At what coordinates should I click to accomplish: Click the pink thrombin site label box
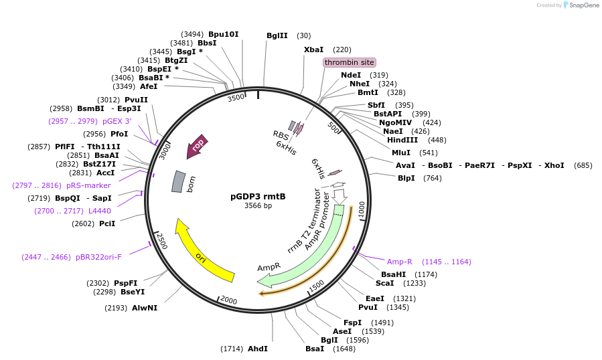(349, 62)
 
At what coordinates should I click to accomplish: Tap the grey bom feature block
(178, 181)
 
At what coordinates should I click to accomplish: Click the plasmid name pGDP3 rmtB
(258, 197)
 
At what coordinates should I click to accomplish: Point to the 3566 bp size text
(258, 206)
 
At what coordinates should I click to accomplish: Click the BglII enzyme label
(277, 35)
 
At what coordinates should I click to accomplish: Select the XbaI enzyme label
(313, 50)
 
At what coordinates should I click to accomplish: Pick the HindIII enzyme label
(402, 140)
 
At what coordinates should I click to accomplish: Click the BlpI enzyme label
(406, 178)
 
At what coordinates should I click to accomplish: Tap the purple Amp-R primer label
(400, 262)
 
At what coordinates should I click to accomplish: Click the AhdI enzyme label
(258, 349)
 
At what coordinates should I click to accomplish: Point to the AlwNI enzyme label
(144, 308)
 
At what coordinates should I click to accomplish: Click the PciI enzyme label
(107, 223)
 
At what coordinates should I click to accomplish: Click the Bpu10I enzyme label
(223, 34)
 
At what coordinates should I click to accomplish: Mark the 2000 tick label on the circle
(229, 301)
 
